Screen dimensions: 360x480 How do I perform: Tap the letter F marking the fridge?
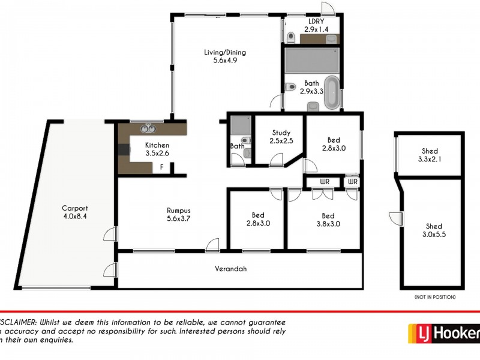[161, 168]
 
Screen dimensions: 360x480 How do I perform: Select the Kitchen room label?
[157, 145]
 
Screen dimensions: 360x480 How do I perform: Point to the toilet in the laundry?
[291, 37]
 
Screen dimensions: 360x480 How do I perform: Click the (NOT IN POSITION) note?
[434, 297]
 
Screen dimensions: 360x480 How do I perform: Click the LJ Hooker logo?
[444, 332]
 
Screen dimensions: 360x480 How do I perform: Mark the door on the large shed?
[395, 218]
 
